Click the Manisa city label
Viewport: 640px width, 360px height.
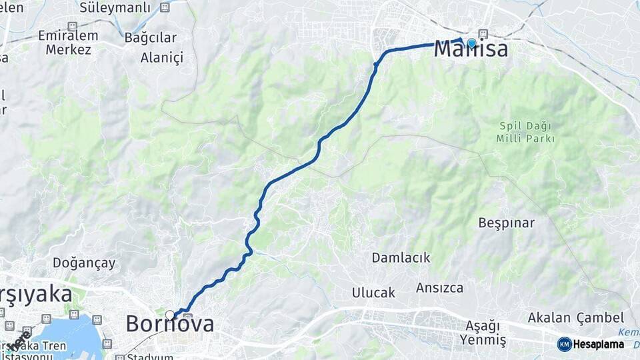(x=471, y=49)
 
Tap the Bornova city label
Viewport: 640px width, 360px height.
(x=170, y=324)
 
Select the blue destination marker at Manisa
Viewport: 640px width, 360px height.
(x=472, y=43)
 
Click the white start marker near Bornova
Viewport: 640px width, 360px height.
(x=170, y=315)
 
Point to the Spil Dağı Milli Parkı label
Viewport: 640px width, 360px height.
(x=526, y=132)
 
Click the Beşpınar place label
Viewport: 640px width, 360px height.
(x=506, y=223)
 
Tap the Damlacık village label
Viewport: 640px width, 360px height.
(x=401, y=257)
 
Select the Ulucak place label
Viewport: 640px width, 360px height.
(x=373, y=293)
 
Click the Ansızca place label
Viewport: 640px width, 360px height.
(x=439, y=288)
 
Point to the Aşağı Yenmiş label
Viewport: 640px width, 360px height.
(x=482, y=333)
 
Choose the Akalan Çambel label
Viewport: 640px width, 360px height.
(x=575, y=318)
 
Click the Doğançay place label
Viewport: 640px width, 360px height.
(x=84, y=263)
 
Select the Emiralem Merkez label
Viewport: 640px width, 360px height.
(x=68, y=43)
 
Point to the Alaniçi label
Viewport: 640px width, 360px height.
(x=161, y=57)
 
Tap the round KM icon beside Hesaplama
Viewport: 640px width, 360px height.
(x=564, y=344)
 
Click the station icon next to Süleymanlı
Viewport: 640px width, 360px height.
(x=165, y=8)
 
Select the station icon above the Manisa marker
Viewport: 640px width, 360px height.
(x=483, y=34)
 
